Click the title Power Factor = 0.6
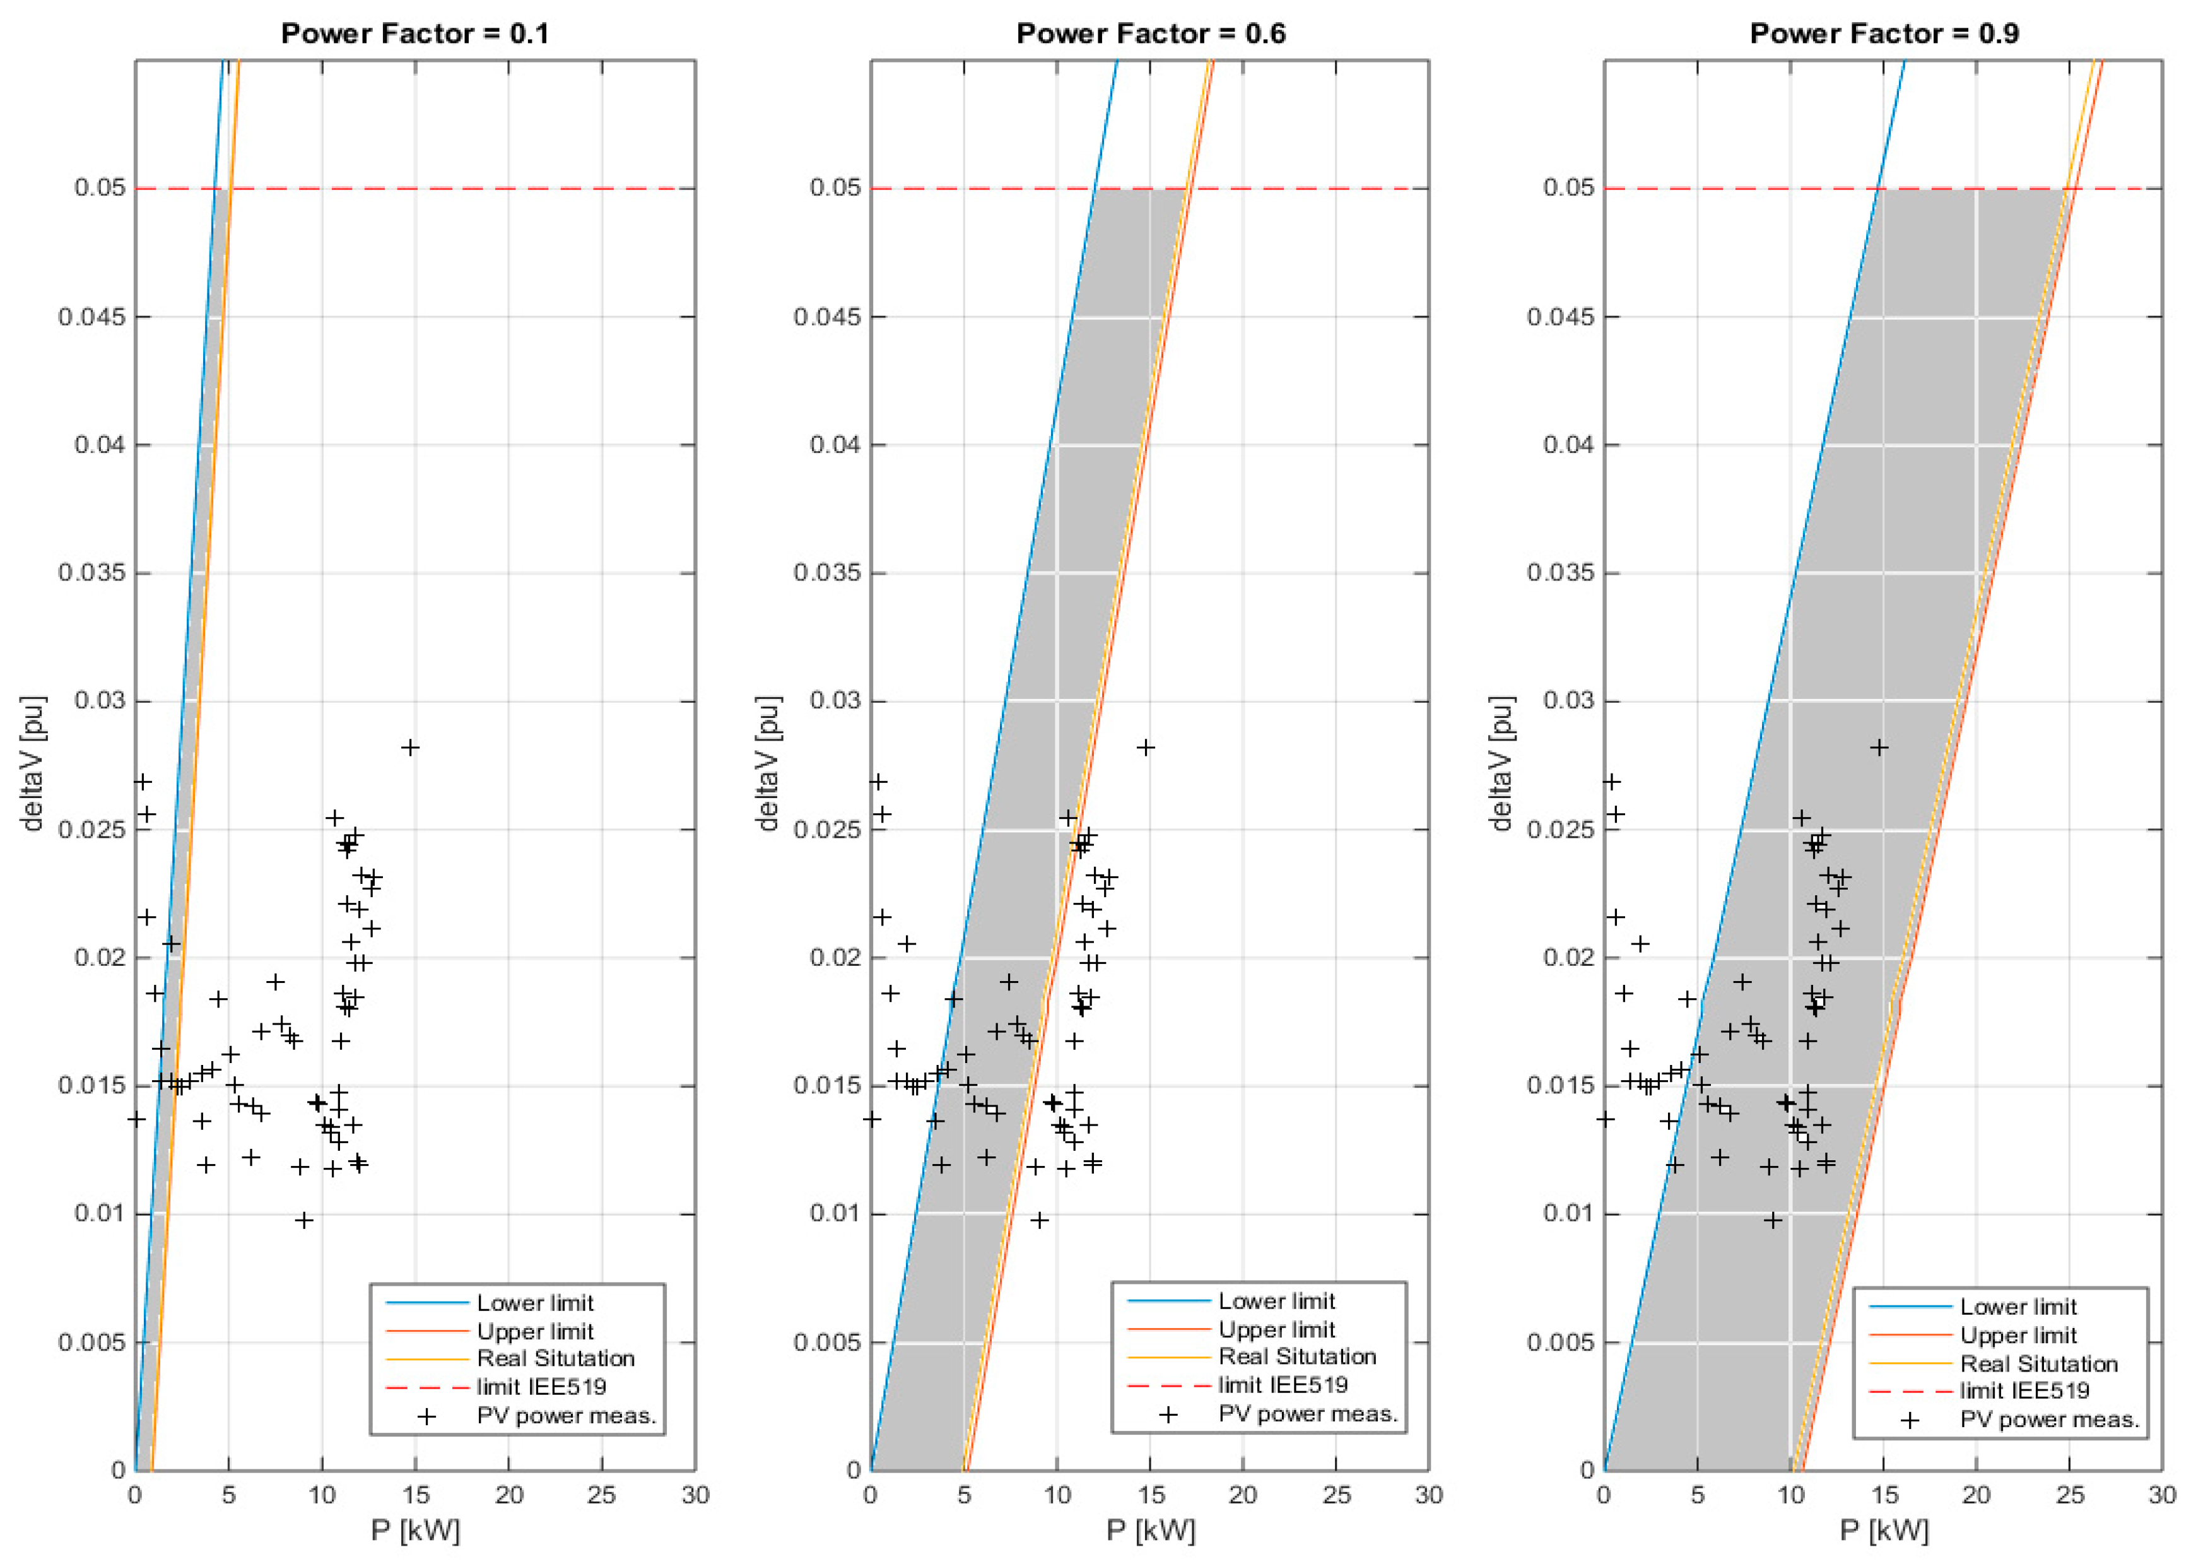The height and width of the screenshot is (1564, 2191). [1150, 33]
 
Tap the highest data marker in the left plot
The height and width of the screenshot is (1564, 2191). [410, 748]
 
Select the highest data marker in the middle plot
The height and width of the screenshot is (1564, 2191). [1145, 748]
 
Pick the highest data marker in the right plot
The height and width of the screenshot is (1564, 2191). [1878, 748]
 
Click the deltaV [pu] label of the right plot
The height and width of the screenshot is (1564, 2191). [1500, 763]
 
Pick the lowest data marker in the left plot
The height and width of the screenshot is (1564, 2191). [304, 1220]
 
